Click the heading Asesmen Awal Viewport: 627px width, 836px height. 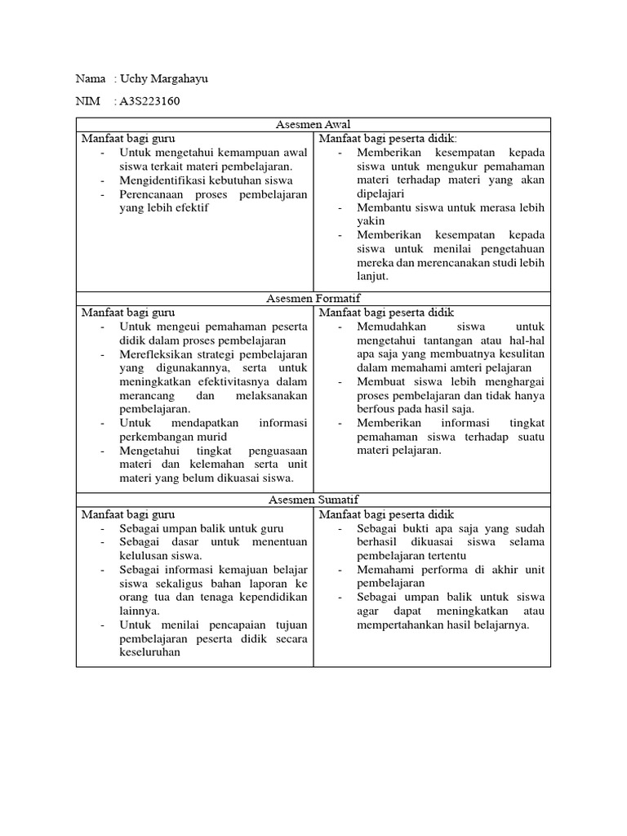(313, 124)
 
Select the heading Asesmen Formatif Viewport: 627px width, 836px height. (313, 299)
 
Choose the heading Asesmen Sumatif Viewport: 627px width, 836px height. (313, 500)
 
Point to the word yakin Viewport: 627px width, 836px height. (371, 221)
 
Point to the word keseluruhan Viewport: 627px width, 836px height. (150, 652)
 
